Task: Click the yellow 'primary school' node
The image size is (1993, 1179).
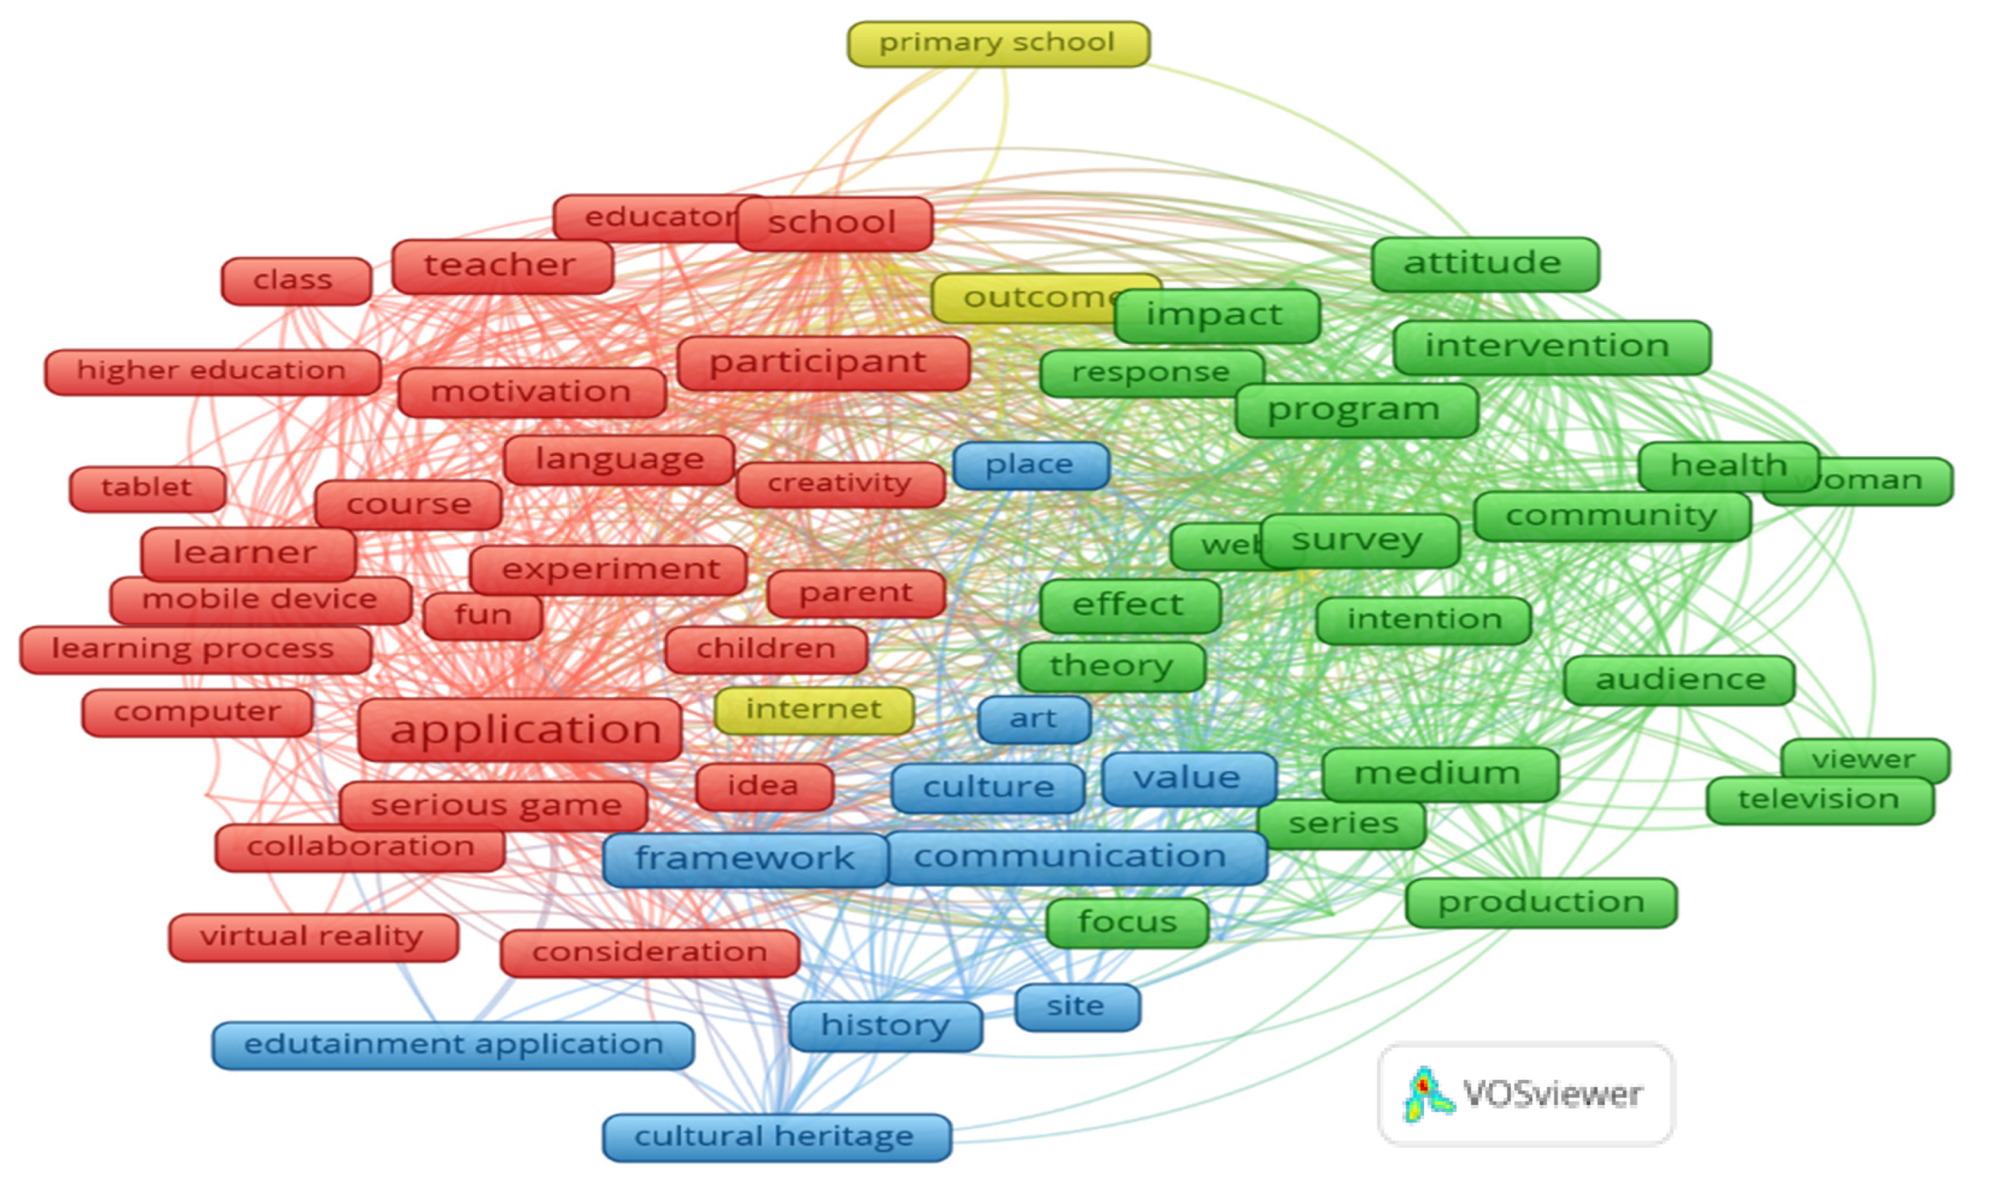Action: pyautogui.click(x=998, y=44)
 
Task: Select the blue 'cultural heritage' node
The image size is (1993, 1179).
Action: pyautogui.click(x=776, y=1137)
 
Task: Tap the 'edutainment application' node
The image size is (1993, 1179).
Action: pyautogui.click(x=453, y=1045)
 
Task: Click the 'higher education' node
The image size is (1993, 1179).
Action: pyautogui.click(x=212, y=372)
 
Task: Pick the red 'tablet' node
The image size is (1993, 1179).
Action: pyautogui.click(x=147, y=488)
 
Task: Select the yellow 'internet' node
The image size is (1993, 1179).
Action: pyautogui.click(x=813, y=710)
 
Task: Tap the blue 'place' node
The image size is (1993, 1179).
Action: pyautogui.click(x=1030, y=465)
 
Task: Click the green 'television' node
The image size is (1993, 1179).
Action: pyautogui.click(x=1819, y=800)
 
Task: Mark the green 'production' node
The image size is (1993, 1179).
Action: pyautogui.click(x=1540, y=902)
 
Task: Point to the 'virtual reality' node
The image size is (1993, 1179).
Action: pyautogui.click(x=313, y=937)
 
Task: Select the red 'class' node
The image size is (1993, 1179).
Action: pyautogui.click(x=296, y=280)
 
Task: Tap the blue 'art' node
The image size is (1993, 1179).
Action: pyautogui.click(x=1033, y=719)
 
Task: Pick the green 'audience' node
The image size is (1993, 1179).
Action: pyautogui.click(x=1678, y=680)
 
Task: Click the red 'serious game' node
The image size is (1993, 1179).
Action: pyautogui.click(x=493, y=806)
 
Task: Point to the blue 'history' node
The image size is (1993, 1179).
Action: pyautogui.click(x=885, y=1026)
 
